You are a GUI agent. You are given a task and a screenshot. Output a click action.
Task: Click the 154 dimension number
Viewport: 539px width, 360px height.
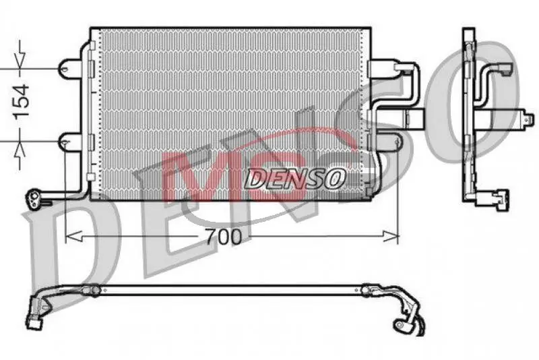pos(22,100)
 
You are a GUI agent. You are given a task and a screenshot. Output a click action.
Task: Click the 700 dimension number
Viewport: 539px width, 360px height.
pos(224,237)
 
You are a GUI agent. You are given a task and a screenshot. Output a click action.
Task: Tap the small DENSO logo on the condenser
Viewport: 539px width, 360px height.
pos(295,179)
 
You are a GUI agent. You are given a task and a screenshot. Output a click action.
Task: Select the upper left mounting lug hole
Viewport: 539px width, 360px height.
pos(65,68)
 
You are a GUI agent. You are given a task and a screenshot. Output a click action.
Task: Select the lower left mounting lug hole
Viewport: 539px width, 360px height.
pos(65,142)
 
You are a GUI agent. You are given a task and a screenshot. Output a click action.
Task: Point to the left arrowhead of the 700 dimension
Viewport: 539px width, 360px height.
pos(73,236)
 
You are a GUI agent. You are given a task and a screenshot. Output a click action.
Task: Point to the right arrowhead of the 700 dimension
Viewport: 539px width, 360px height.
pos(391,236)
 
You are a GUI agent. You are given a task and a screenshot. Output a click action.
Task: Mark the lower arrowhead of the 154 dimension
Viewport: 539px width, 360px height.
pos(20,148)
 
